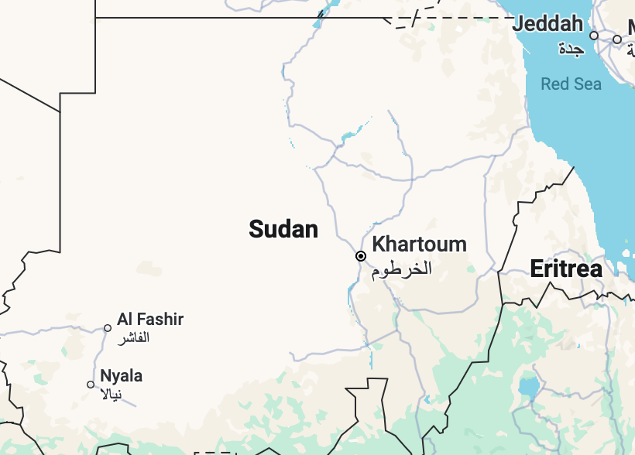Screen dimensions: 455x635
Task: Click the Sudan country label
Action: (283, 229)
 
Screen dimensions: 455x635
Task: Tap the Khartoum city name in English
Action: (419, 245)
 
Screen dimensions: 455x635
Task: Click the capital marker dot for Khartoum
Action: (361, 256)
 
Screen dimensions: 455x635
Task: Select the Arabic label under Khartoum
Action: (400, 269)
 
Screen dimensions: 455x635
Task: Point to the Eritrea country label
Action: (566, 269)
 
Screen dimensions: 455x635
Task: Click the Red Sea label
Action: (571, 84)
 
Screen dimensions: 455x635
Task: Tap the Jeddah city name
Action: (547, 25)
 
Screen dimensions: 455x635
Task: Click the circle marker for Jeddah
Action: (594, 36)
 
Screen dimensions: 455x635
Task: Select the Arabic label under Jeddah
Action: (570, 50)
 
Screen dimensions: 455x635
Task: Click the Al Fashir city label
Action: (150, 319)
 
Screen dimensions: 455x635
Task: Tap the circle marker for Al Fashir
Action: (108, 328)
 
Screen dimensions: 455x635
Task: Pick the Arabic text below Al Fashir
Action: (133, 338)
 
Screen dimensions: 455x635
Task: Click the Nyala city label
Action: (121, 376)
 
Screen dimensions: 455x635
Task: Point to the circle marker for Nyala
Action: (91, 385)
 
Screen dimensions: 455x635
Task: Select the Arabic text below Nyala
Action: (112, 395)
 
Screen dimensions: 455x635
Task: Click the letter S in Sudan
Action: (256, 229)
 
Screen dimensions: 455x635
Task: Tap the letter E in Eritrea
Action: (536, 269)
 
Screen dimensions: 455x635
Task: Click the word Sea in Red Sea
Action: (586, 84)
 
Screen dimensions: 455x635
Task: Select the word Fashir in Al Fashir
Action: (161, 319)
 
